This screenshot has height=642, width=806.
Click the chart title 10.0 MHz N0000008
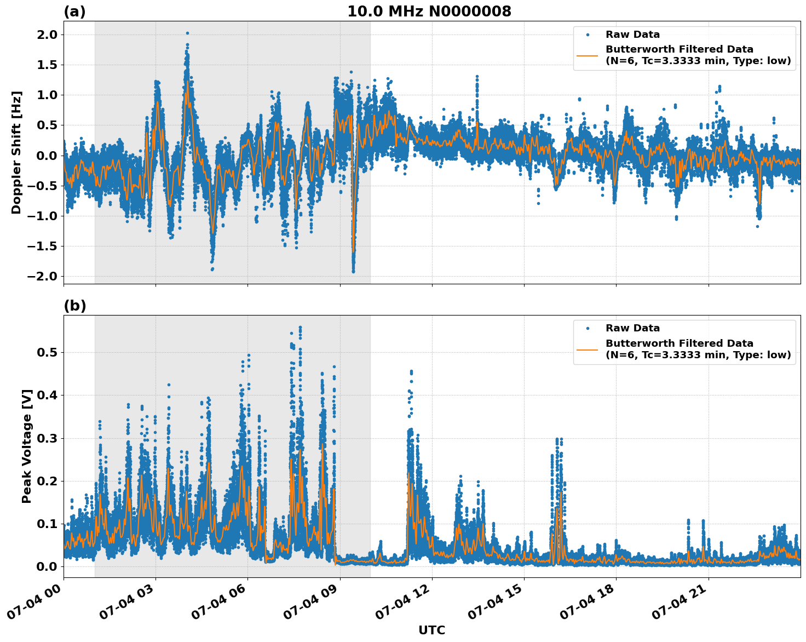pyautogui.click(x=429, y=12)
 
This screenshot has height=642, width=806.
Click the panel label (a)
pyautogui.click(x=74, y=12)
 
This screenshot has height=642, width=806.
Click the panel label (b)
pyautogui.click(x=74, y=306)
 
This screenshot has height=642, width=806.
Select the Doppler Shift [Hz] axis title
pyautogui.click(x=16, y=152)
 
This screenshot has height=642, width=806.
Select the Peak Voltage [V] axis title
pyautogui.click(x=27, y=446)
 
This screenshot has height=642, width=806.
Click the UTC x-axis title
pyautogui.click(x=431, y=630)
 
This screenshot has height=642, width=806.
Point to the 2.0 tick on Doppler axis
pyautogui.click(x=46, y=35)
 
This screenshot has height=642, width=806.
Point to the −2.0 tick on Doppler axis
pyautogui.click(x=42, y=276)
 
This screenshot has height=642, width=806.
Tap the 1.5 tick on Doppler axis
pyautogui.click(x=46, y=65)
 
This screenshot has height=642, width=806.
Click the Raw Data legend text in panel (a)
pyautogui.click(x=632, y=35)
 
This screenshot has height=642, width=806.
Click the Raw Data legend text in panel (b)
pyautogui.click(x=632, y=328)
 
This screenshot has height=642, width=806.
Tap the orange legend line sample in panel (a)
pyautogui.click(x=587, y=55)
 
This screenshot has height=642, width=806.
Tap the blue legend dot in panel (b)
pyautogui.click(x=587, y=328)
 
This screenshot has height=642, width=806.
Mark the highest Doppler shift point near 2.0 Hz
pyautogui.click(x=187, y=33)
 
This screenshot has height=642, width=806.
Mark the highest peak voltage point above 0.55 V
pyautogui.click(x=300, y=328)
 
